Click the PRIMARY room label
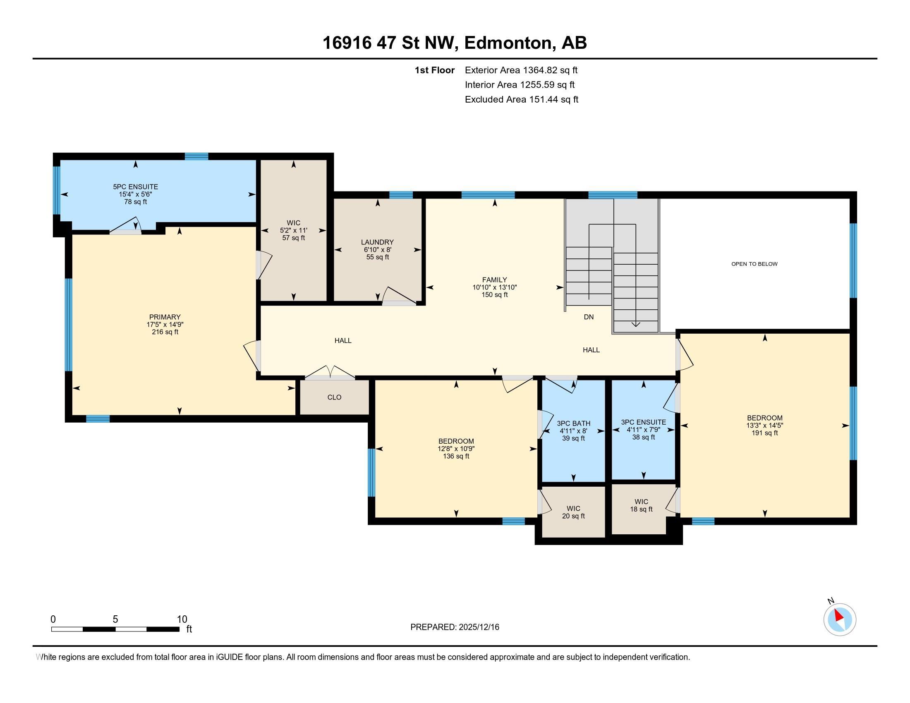pyautogui.click(x=165, y=317)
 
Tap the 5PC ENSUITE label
pyautogui.click(x=135, y=187)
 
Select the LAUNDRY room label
pyautogui.click(x=377, y=242)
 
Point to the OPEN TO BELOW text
pyautogui.click(x=754, y=264)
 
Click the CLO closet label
pyautogui.click(x=334, y=397)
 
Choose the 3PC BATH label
pyautogui.click(x=573, y=423)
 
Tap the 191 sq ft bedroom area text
pyautogui.click(x=764, y=433)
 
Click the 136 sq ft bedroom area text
pyautogui.click(x=456, y=456)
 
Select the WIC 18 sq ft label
pyautogui.click(x=641, y=505)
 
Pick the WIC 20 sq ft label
pyautogui.click(x=573, y=512)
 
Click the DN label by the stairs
pyautogui.click(x=588, y=317)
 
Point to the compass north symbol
pyautogui.click(x=840, y=620)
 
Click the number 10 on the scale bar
pyautogui.click(x=182, y=619)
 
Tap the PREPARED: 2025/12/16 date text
pyautogui.click(x=455, y=627)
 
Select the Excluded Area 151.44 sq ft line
pyautogui.click(x=521, y=100)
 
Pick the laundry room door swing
pyautogui.click(x=398, y=296)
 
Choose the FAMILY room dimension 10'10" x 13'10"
pyautogui.click(x=495, y=287)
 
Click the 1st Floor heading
pyautogui.click(x=434, y=70)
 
